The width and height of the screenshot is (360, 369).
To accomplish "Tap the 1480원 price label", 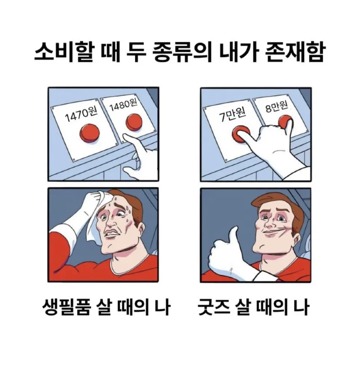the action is click(123, 105).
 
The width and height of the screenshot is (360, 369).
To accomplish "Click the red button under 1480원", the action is click(134, 122).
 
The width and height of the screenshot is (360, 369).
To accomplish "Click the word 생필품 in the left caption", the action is click(66, 307).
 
